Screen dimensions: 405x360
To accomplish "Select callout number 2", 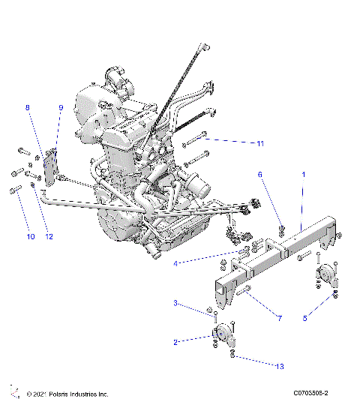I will pyautogui.click(x=175, y=342).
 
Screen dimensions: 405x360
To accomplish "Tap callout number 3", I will pyautogui.click(x=175, y=303).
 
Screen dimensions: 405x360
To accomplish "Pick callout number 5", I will pyautogui.click(x=306, y=318).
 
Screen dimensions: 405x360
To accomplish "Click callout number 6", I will pyautogui.click(x=260, y=174).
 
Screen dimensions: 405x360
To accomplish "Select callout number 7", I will pyautogui.click(x=279, y=319).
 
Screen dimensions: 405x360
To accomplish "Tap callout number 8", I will pyautogui.click(x=28, y=108).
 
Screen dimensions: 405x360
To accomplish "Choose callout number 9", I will pyautogui.click(x=61, y=108).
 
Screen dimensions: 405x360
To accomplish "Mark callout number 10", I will pyautogui.click(x=30, y=237).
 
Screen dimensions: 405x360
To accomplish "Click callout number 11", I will pyautogui.click(x=260, y=142).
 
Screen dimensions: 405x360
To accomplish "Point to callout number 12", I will pyautogui.click(x=49, y=237).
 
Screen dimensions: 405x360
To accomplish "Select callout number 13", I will pyautogui.click(x=280, y=366).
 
